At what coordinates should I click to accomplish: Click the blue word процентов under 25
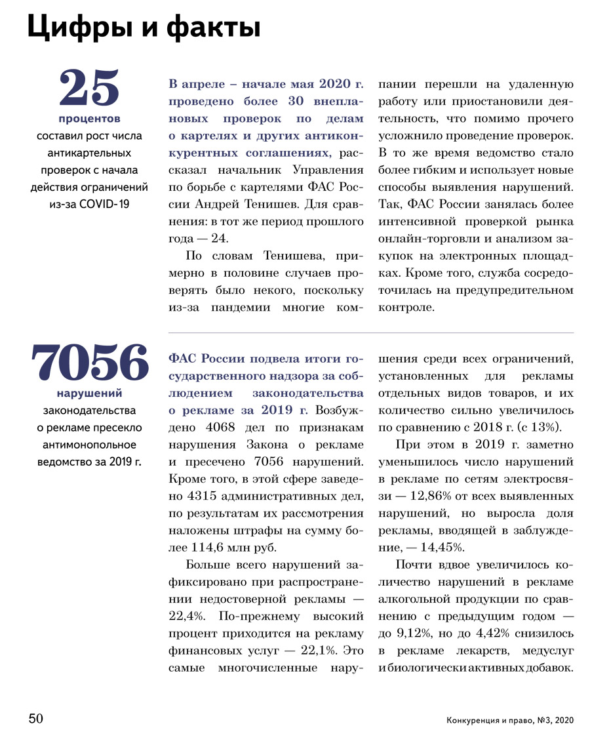pyautogui.click(x=89, y=119)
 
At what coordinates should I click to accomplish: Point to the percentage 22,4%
pyautogui.click(x=186, y=616)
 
